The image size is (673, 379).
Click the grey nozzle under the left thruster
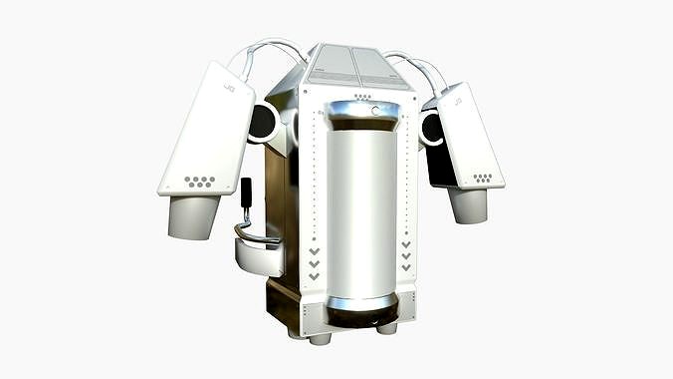193,216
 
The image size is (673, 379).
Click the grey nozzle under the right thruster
468,204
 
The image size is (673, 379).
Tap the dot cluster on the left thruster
200,182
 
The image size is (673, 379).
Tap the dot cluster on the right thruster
483,178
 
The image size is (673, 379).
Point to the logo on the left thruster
229,88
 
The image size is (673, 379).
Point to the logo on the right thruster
458,101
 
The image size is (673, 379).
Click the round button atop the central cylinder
376,111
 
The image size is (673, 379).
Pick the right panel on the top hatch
381,67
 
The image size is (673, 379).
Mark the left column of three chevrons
315,263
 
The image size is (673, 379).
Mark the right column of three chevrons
406,255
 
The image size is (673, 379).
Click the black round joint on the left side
263,123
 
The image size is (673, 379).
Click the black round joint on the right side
432,127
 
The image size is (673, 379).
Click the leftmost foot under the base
322,338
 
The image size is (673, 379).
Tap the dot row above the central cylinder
362,97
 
